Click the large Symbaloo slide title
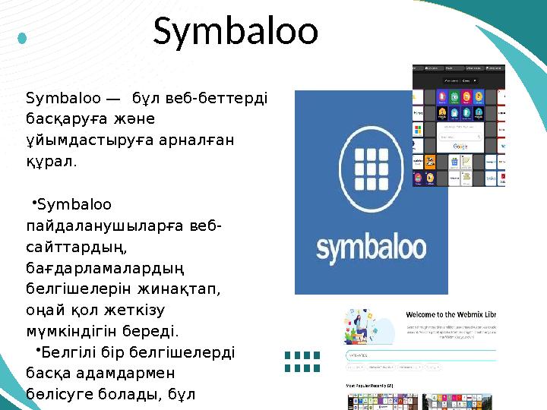click(236, 31)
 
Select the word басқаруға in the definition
click(60, 119)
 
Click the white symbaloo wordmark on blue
click(370, 250)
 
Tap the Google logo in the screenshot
click(460, 146)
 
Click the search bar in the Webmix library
click(422, 355)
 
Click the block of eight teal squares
click(302, 361)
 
